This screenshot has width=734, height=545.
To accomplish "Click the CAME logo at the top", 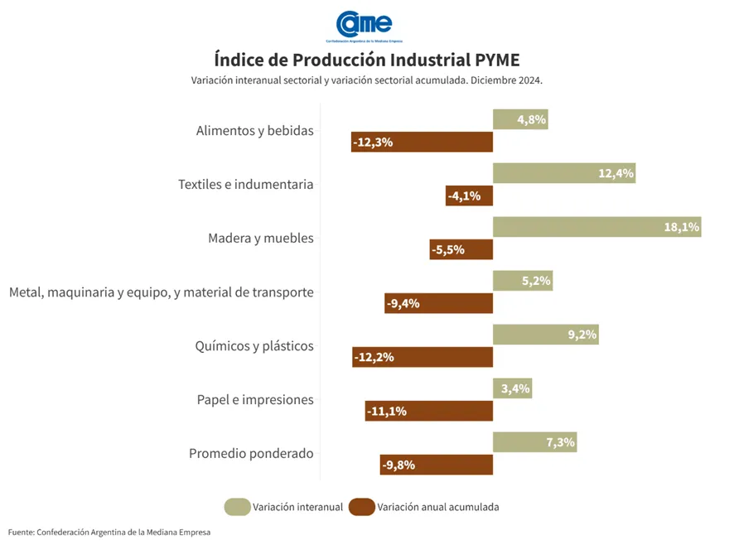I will (x=366, y=25).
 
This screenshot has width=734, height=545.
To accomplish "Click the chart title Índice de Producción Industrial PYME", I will (x=367, y=60).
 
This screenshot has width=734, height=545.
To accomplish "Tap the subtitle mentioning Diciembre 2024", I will (x=367, y=80).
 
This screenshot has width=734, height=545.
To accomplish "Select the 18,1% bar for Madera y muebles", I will (x=596, y=227).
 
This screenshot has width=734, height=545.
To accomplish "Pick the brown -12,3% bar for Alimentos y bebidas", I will (x=422, y=142).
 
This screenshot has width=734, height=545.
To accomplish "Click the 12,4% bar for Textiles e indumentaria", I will (x=564, y=173).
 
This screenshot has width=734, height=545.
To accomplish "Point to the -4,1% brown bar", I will (x=469, y=196).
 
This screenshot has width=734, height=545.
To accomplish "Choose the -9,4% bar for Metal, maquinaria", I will (x=438, y=303).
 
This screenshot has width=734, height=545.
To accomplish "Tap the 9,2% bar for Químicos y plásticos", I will (x=545, y=335).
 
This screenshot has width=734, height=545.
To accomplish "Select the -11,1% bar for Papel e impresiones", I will (x=428, y=411).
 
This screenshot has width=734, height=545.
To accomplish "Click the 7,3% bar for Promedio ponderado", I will (x=534, y=441).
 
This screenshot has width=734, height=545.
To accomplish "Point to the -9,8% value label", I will (x=398, y=465).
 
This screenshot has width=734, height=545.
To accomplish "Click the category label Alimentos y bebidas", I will (x=255, y=131).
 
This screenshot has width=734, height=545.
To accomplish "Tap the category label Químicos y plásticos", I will (x=254, y=346).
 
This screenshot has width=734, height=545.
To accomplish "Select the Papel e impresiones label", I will (x=255, y=400).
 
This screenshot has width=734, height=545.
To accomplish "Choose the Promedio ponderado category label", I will (x=251, y=454).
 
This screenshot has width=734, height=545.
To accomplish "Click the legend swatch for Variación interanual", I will (x=236, y=507).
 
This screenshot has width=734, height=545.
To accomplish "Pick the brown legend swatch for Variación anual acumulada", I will (x=361, y=507).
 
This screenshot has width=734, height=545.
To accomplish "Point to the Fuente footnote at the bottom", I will (x=109, y=532).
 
